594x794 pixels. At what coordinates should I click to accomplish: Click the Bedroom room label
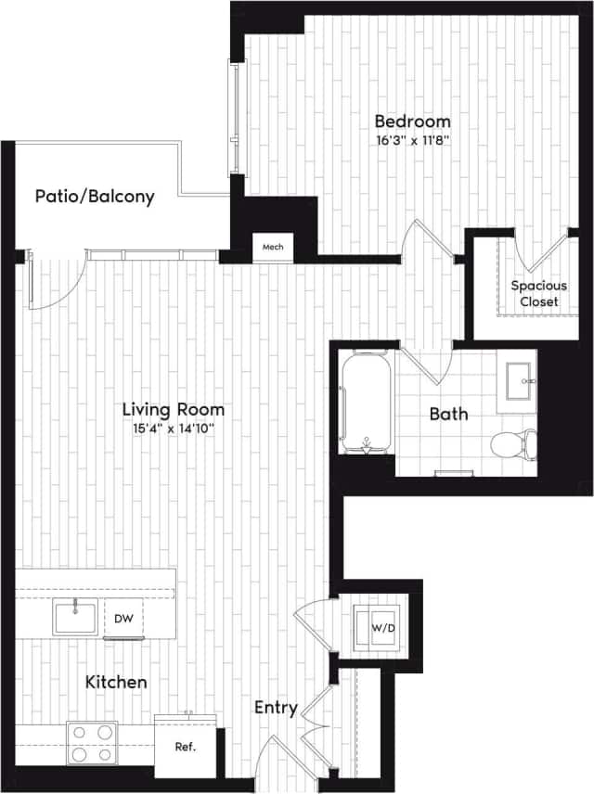(412, 122)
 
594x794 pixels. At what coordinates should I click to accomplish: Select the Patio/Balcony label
(95, 197)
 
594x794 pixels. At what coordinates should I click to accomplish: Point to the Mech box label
(273, 247)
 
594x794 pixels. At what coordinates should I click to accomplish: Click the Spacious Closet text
(539, 293)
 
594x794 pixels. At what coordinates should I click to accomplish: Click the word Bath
(448, 414)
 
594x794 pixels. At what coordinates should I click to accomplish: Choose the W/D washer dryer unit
(381, 628)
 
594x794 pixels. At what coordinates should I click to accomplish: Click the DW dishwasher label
(123, 618)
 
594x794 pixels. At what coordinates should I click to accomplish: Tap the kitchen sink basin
(74, 616)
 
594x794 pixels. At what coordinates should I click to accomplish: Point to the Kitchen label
(116, 682)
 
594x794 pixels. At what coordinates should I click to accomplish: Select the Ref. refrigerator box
(184, 746)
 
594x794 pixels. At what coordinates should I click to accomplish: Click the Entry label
(276, 709)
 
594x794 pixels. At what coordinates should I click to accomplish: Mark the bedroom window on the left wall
(238, 117)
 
